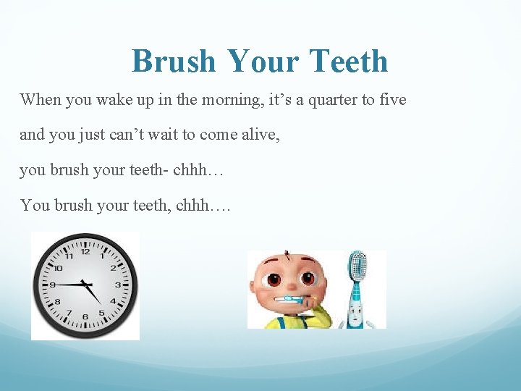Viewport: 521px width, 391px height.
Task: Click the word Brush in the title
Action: click(174, 62)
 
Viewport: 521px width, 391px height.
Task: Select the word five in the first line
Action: click(394, 99)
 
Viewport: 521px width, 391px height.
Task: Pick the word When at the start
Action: click(41, 99)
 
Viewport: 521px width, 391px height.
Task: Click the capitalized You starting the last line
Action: click(34, 205)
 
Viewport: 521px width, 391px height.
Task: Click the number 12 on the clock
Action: click(85, 252)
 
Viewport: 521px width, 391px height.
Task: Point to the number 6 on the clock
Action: click(85, 317)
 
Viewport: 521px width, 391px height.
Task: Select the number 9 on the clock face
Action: click(53, 285)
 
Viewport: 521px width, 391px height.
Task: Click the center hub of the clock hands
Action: click(85, 284)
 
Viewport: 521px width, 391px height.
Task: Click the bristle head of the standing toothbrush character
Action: click(356, 266)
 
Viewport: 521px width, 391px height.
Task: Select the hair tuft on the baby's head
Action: click(288, 254)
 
